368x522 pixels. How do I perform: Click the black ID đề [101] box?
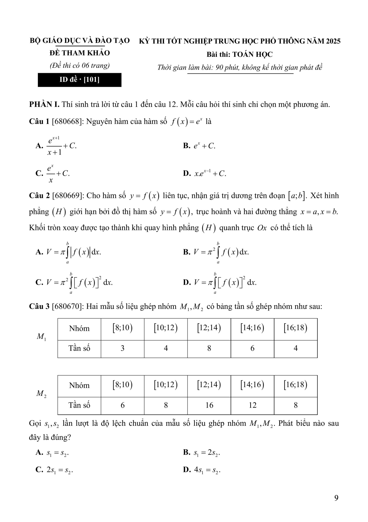(x=79, y=80)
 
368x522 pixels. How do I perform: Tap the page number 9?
(x=336, y=498)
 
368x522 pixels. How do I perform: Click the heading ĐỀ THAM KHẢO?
(x=79, y=53)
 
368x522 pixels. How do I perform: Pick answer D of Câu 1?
(x=204, y=173)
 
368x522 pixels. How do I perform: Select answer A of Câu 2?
(x=68, y=252)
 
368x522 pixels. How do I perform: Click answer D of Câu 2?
(x=220, y=282)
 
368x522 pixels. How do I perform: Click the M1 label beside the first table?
(x=41, y=337)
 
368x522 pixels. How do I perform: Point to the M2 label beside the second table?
(x=41, y=393)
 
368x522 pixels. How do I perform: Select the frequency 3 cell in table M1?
(x=122, y=348)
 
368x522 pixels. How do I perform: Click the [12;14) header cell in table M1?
(x=209, y=328)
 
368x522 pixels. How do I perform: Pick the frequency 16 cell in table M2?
(x=209, y=405)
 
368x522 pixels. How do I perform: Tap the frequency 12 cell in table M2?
(x=252, y=405)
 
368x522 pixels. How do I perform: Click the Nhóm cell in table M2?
(x=79, y=386)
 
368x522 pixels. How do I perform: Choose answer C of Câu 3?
(x=54, y=470)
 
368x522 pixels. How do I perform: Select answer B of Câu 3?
(x=202, y=452)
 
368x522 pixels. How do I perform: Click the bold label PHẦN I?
(x=44, y=104)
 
